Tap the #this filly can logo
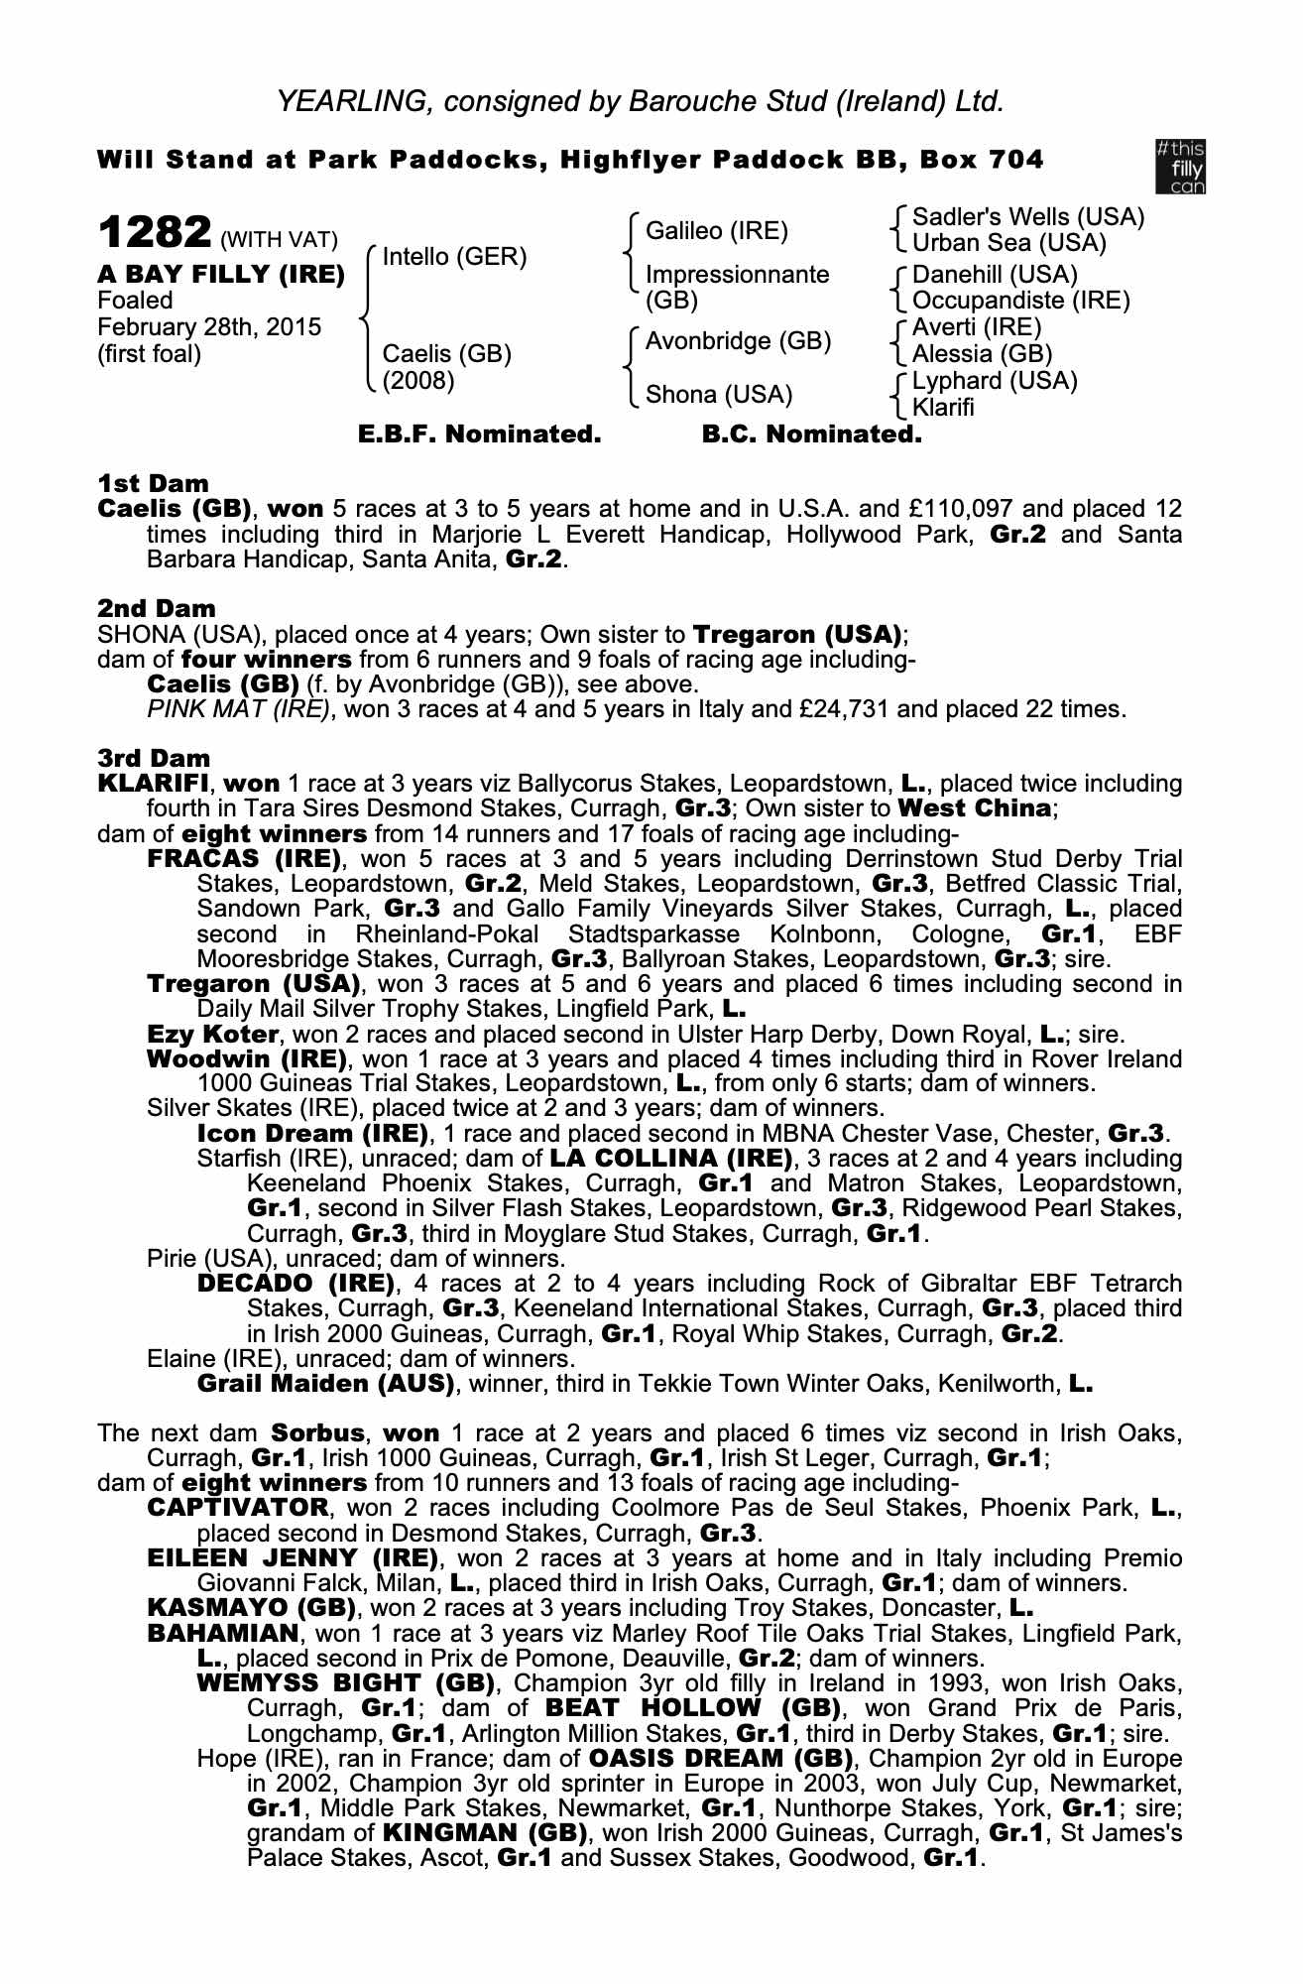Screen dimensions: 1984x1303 point(1180,167)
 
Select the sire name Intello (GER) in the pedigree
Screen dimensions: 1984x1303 point(454,258)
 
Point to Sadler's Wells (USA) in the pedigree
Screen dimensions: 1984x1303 point(1027,217)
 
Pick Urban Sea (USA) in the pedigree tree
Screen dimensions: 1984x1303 point(1008,243)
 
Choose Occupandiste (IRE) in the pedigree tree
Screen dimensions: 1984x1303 point(1020,300)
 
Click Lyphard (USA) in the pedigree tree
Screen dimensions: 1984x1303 point(994,381)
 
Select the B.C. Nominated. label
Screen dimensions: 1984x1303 point(811,434)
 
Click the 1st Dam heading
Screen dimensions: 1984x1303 point(153,484)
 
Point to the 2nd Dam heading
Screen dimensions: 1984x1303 point(156,608)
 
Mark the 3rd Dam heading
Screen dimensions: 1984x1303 point(154,758)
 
